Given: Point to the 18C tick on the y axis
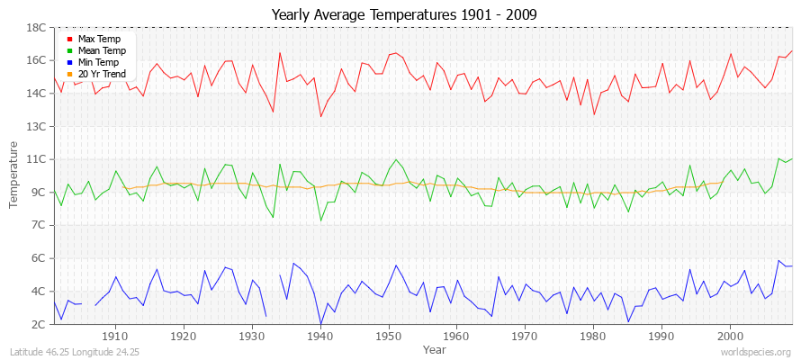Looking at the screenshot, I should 36,28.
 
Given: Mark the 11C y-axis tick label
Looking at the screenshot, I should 36,159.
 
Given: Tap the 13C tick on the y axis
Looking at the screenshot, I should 36,126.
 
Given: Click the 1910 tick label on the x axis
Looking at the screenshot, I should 115,337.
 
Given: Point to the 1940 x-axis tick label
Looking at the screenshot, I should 320,337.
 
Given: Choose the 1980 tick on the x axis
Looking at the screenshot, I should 593,337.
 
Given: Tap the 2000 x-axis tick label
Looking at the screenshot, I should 730,337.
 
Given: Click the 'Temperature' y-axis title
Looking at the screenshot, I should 14,175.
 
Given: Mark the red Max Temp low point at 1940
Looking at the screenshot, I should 320,116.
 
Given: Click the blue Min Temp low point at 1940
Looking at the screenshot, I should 320,324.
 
